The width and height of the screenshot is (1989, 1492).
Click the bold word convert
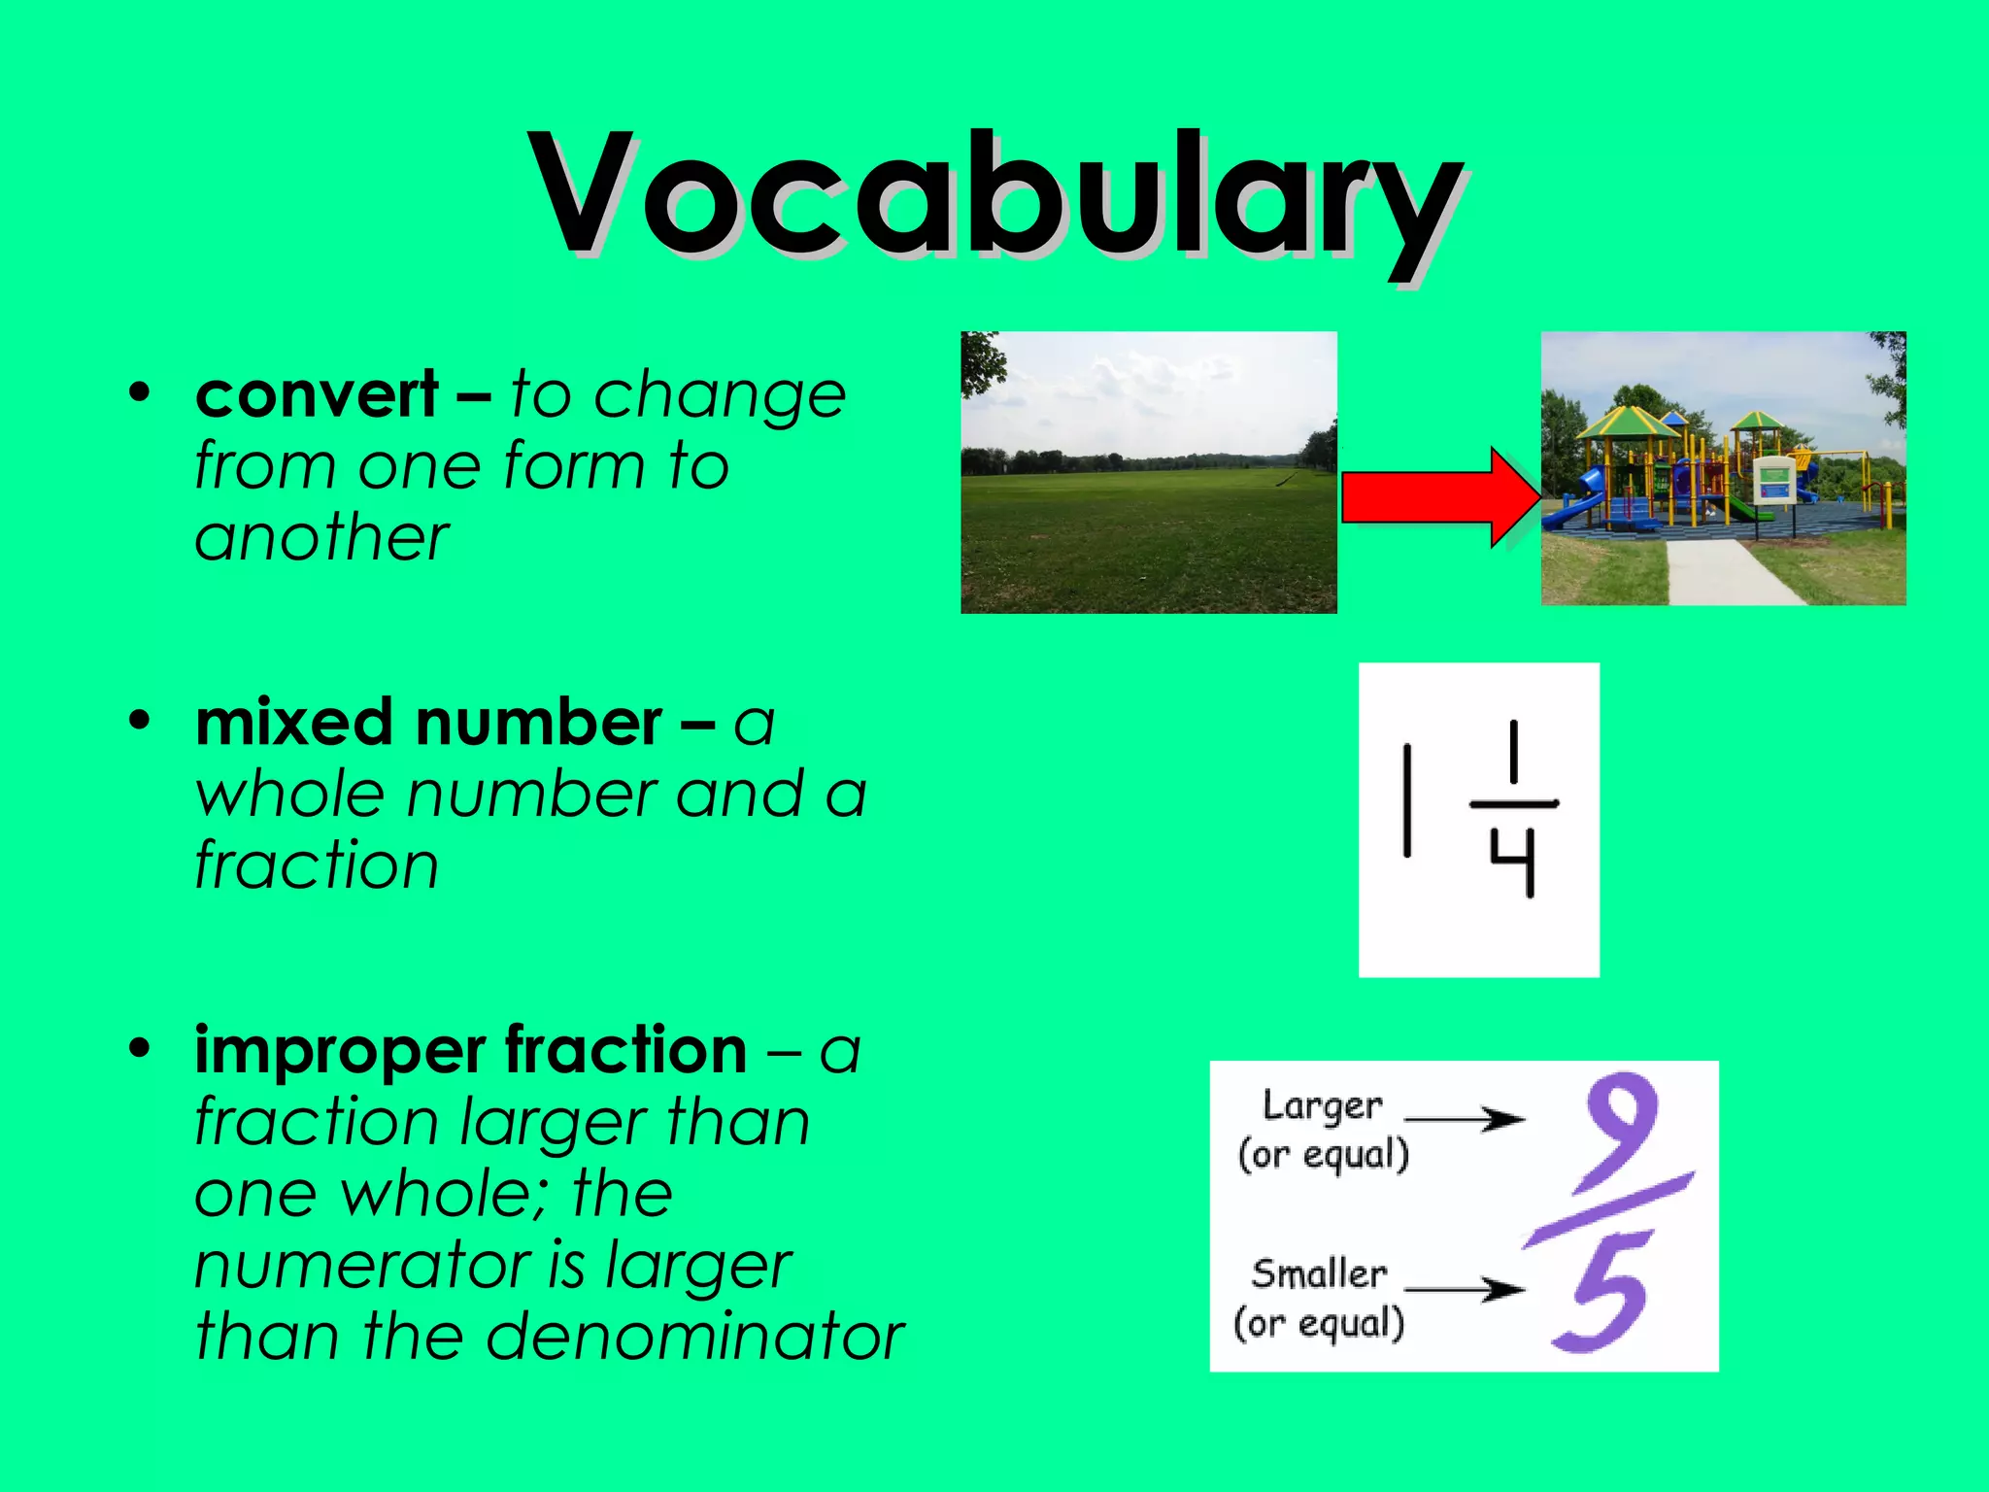317,395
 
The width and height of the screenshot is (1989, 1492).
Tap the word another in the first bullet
321,539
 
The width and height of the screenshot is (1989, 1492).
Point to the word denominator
694,1338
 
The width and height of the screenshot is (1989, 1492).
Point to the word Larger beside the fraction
1322,1107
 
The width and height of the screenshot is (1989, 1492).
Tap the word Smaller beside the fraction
1319,1274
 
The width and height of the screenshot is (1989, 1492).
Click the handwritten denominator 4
1513,861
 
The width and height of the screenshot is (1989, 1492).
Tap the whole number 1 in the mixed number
1406,800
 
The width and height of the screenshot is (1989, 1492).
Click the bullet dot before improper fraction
141,1049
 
